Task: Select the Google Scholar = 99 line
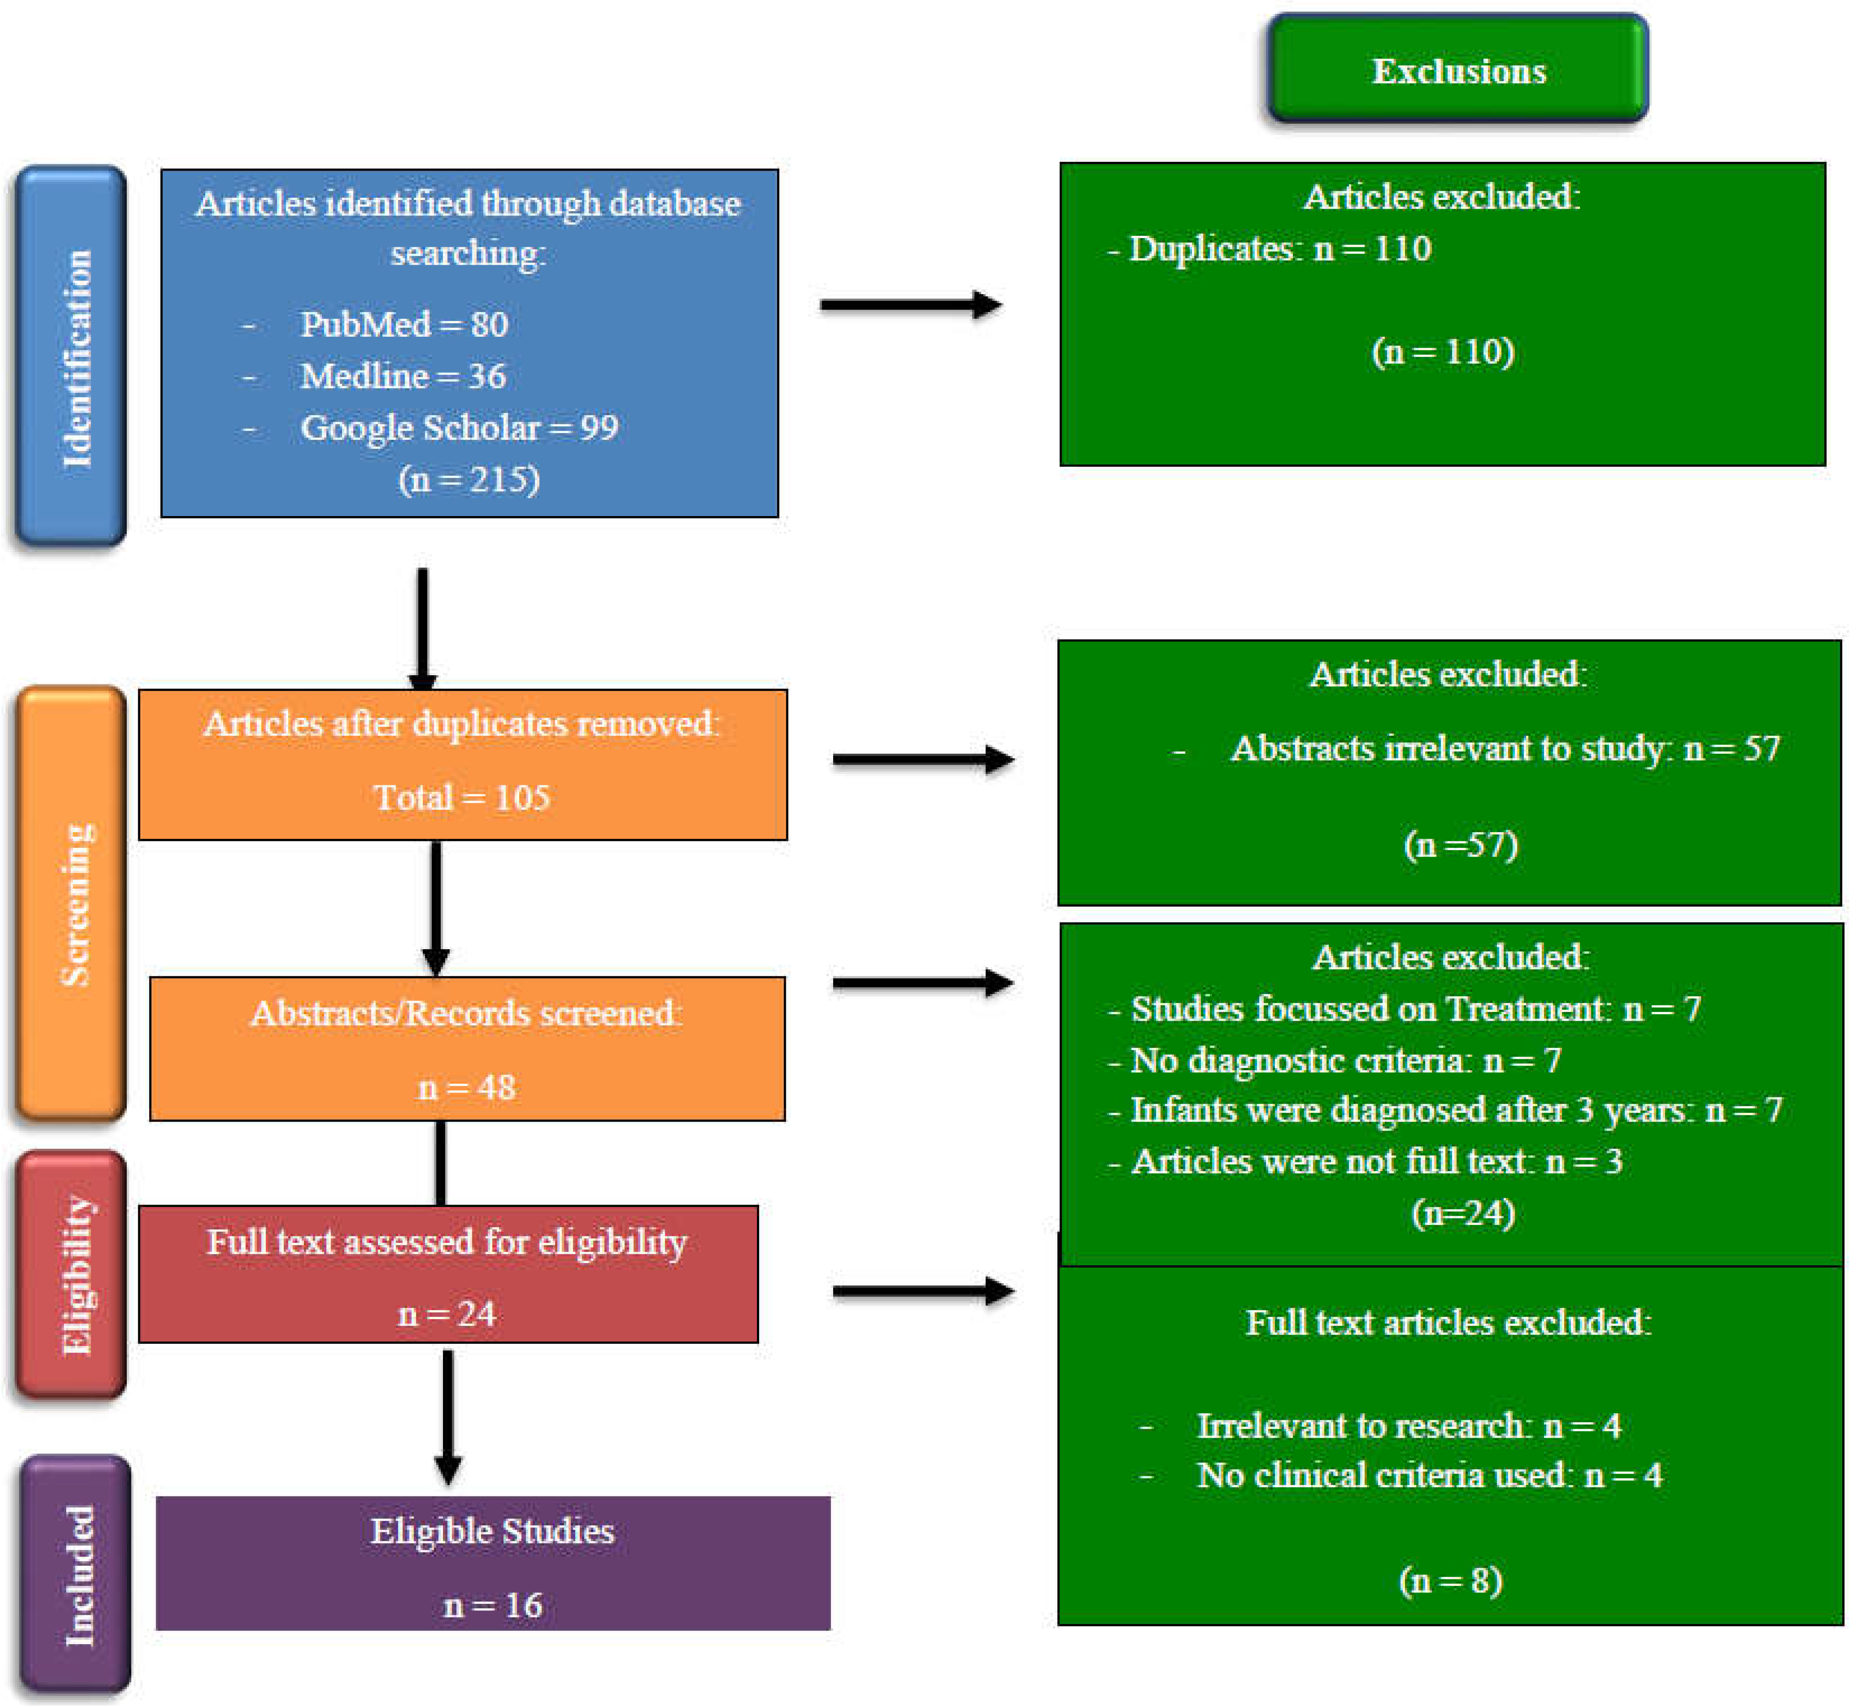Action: coord(459,427)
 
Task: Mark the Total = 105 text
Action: coord(462,797)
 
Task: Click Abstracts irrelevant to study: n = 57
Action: coord(1505,748)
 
